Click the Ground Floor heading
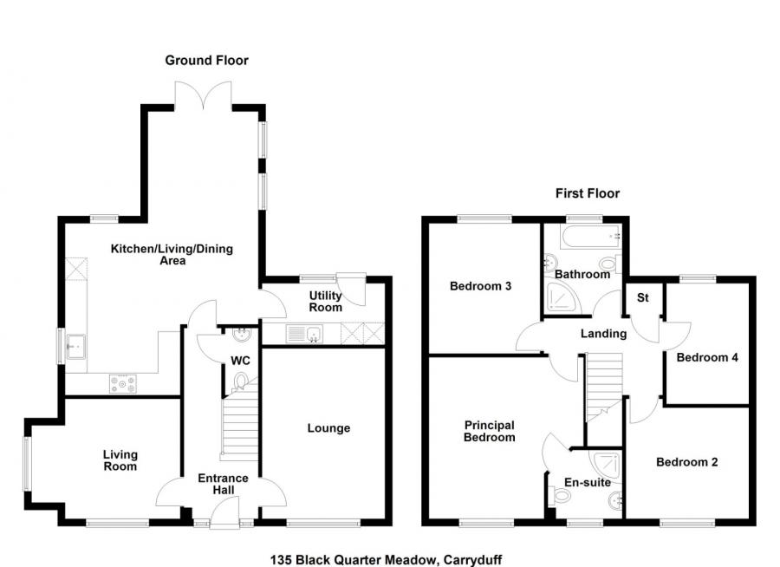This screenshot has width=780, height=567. click(x=206, y=60)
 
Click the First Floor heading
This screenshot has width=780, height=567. click(x=587, y=193)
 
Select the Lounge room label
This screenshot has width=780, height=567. click(x=328, y=428)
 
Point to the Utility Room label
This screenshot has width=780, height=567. click(x=326, y=301)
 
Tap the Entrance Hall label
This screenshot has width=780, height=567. click(x=223, y=484)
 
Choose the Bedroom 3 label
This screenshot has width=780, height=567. click(x=479, y=286)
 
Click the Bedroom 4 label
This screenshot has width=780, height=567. click(x=706, y=357)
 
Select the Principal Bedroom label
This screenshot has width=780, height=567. click(x=489, y=431)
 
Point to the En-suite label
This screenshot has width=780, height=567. click(x=588, y=482)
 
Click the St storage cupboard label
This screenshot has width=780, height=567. click(x=643, y=297)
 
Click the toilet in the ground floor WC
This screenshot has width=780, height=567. click(x=242, y=378)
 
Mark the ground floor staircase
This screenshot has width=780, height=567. click(x=240, y=425)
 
